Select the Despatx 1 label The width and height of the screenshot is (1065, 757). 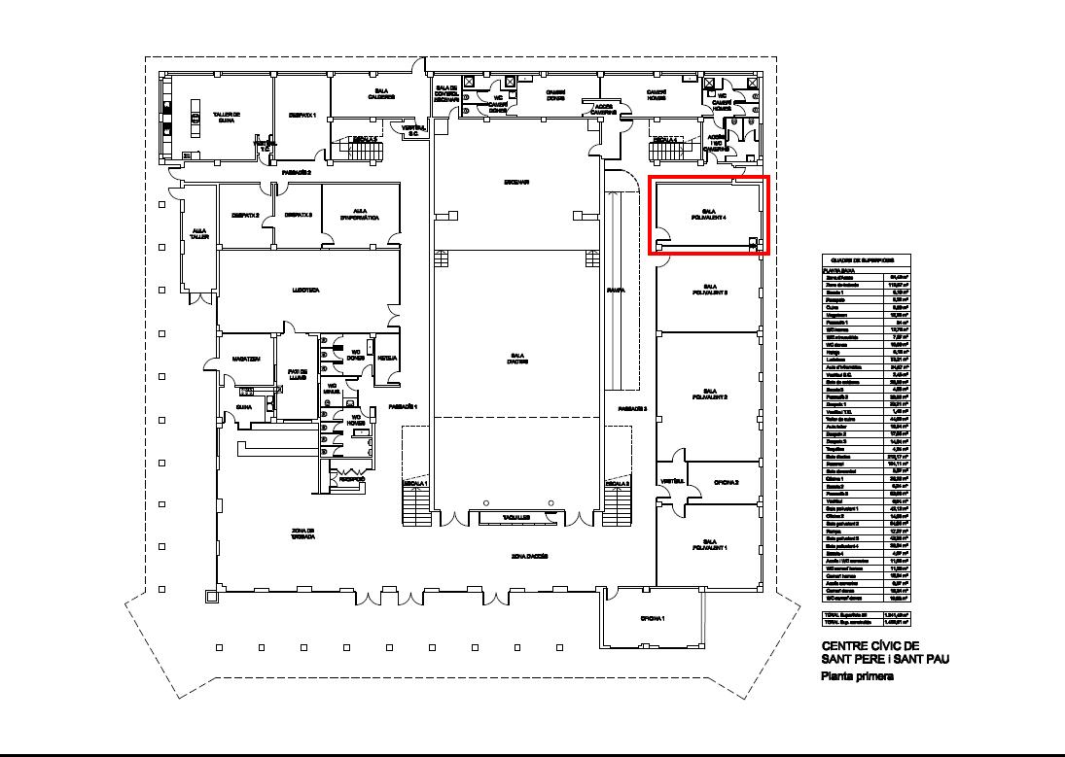tap(302, 116)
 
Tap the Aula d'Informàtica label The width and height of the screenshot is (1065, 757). tap(360, 212)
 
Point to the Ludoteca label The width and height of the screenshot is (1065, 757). tap(305, 290)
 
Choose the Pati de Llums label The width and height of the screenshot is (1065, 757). tap(297, 374)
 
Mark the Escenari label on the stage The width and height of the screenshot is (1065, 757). tap(515, 182)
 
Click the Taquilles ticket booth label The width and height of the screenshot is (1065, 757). tap(515, 518)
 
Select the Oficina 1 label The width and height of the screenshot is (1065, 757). tap(652, 618)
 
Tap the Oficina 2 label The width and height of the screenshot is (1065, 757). tap(725, 483)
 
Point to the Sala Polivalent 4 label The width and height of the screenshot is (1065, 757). tap(709, 215)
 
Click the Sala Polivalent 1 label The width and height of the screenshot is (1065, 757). tap(709, 543)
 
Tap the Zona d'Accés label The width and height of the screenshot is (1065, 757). tap(530, 556)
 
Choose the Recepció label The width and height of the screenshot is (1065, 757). tap(351, 479)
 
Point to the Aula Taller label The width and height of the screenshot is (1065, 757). tap(199, 233)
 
